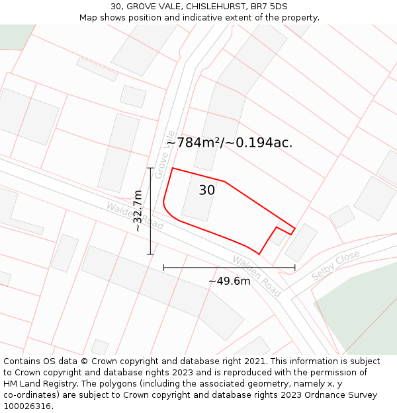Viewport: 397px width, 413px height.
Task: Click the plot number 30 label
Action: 206,190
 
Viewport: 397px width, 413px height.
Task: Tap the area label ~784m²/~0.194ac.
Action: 229,143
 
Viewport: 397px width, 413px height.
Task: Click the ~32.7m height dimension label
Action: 138,210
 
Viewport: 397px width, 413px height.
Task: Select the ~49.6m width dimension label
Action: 230,282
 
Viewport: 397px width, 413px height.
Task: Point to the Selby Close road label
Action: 335,264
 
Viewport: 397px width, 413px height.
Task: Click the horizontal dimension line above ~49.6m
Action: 229,268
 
